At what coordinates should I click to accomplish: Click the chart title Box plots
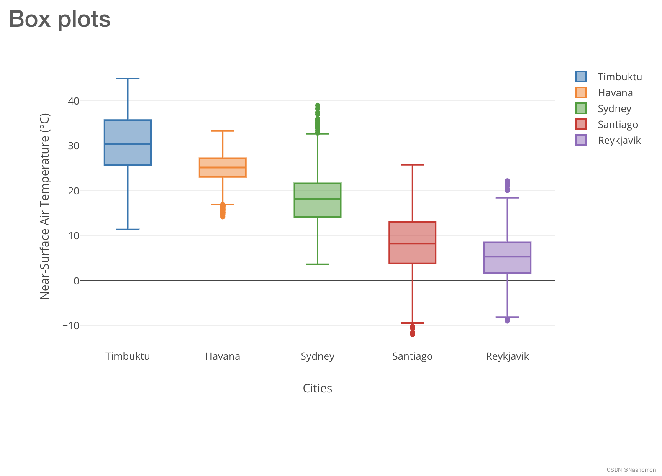click(59, 19)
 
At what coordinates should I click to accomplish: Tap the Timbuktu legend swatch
click(581, 77)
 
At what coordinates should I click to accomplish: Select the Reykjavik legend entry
click(619, 141)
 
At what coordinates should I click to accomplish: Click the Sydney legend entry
click(614, 109)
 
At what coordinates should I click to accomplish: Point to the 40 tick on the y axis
click(74, 101)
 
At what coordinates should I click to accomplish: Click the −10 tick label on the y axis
click(71, 325)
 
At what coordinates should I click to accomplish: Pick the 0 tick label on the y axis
click(76, 281)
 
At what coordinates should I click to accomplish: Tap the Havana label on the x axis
click(222, 356)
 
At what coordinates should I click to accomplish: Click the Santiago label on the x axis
click(412, 356)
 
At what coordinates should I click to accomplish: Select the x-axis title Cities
click(317, 389)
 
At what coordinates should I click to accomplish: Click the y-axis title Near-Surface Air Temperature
click(45, 206)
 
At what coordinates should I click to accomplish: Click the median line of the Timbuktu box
click(128, 144)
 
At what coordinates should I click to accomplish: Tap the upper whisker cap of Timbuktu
click(128, 79)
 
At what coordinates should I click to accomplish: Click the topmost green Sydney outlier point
click(318, 105)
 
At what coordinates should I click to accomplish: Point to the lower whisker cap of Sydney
click(318, 264)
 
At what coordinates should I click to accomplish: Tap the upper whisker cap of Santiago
click(412, 165)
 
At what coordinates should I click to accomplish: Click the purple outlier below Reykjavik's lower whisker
click(507, 320)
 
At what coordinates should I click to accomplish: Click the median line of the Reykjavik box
click(507, 256)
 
